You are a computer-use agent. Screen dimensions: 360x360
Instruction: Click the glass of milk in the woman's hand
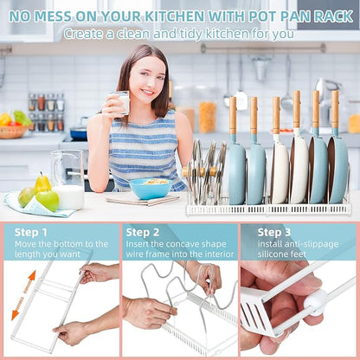[121, 102]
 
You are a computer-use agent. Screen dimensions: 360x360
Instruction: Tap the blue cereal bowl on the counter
[151, 189]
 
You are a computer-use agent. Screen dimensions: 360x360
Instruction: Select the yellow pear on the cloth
[42, 183]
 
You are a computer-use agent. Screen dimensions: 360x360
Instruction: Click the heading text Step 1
[30, 232]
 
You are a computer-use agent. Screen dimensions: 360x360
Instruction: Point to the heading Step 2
[143, 232]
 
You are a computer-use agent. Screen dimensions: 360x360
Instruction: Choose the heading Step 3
[274, 232]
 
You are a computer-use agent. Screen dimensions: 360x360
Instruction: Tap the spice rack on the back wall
[46, 112]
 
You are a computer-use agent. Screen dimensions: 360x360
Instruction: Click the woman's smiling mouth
[148, 93]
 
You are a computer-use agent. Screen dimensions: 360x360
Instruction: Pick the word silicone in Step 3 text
[271, 254]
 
